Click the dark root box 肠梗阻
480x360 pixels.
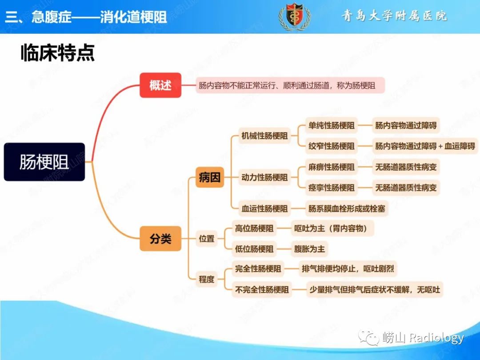(x=44, y=162)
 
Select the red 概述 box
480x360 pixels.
(x=160, y=85)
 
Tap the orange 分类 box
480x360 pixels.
(x=160, y=239)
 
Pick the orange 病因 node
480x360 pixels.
(x=210, y=177)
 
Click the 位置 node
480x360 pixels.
(x=207, y=239)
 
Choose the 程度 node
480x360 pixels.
(x=207, y=279)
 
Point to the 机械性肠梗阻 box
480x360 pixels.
(x=264, y=136)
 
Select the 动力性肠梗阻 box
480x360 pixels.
(x=264, y=177)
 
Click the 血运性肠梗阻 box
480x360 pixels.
(x=264, y=209)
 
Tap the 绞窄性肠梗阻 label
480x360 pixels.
(x=332, y=146)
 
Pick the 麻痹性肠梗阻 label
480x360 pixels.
(x=332, y=167)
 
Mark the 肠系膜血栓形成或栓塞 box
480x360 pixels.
(x=347, y=209)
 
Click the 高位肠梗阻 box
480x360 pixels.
(x=254, y=228)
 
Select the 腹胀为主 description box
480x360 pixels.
(x=309, y=249)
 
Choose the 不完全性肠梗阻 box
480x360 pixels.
(x=262, y=290)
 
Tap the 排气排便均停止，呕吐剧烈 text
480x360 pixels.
(x=348, y=269)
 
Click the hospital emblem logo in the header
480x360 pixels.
(x=295, y=16)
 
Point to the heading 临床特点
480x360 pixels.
(x=58, y=53)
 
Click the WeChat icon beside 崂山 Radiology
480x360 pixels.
(x=369, y=337)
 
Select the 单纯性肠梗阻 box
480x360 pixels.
(x=332, y=125)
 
